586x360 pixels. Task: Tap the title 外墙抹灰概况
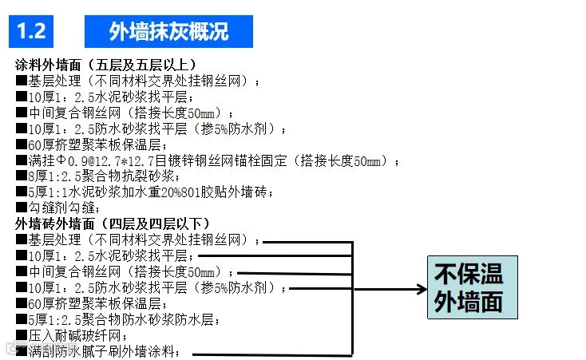(168, 31)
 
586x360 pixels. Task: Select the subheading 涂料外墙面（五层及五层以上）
(105, 64)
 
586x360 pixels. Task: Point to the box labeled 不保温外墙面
(472, 287)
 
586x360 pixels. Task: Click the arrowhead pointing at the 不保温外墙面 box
(421, 287)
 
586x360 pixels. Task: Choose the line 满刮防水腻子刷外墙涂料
(103, 351)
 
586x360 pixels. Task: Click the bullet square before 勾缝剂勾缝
(21, 208)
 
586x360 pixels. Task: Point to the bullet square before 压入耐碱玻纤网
(21, 335)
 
